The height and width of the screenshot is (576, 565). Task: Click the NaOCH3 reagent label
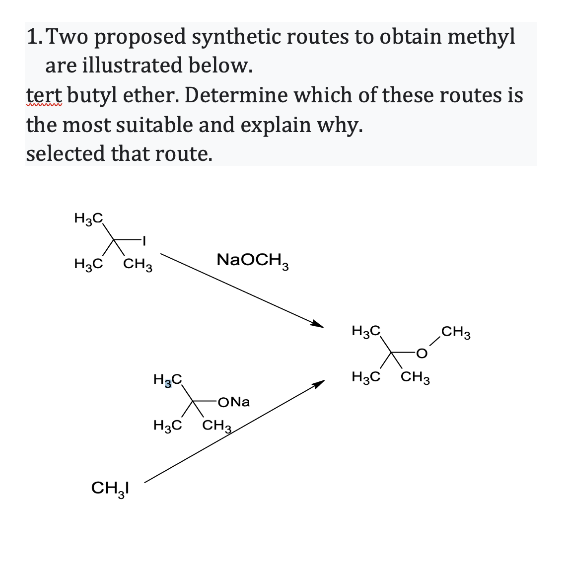[x=253, y=260]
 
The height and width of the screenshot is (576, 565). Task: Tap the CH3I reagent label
[x=110, y=489]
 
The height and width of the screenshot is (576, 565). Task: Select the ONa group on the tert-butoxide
[x=234, y=402]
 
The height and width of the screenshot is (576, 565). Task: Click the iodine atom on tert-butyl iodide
[x=143, y=241]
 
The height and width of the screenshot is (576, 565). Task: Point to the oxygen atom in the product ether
[x=422, y=354]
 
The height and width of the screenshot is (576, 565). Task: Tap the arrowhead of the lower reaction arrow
[x=319, y=384]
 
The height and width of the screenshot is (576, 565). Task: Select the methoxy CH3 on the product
[x=455, y=331]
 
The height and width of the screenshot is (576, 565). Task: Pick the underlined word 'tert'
[x=43, y=95]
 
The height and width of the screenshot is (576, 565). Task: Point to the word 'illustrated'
[x=133, y=65]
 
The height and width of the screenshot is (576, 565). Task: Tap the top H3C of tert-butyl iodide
[x=88, y=217]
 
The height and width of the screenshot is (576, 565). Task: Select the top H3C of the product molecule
[x=365, y=330]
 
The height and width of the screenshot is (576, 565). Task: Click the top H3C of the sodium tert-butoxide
[x=168, y=380]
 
